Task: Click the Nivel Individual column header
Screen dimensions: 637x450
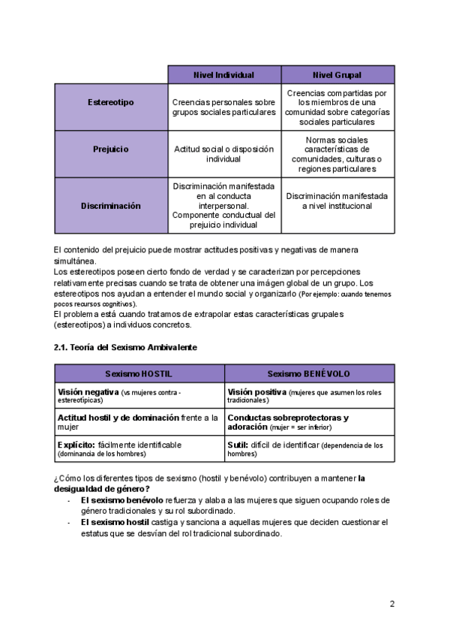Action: coord(223,75)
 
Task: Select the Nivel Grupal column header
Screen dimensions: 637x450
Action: coord(337,75)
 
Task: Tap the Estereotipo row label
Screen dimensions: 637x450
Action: coord(111,102)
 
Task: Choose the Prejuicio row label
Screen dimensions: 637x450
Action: coord(111,149)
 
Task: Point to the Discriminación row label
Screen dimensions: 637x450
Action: coord(111,205)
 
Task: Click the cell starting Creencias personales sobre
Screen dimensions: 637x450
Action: coord(223,107)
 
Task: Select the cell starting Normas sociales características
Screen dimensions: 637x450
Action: coord(337,154)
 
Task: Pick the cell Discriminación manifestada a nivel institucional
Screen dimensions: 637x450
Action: coord(337,201)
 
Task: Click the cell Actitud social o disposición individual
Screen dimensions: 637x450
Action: coord(223,154)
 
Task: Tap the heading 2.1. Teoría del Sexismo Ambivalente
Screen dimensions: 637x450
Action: coord(124,347)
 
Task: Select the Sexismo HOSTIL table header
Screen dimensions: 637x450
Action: coord(139,373)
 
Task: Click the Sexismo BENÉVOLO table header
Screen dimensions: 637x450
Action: coord(309,373)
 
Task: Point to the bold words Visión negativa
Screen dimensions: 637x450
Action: coord(88,392)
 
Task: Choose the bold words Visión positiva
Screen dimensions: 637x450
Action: coord(256,392)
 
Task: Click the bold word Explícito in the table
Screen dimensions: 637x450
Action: coord(76,445)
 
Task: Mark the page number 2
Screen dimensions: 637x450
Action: coord(392,603)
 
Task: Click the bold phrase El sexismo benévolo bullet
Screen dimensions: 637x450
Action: coord(121,500)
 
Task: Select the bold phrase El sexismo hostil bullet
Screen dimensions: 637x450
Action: coord(115,521)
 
